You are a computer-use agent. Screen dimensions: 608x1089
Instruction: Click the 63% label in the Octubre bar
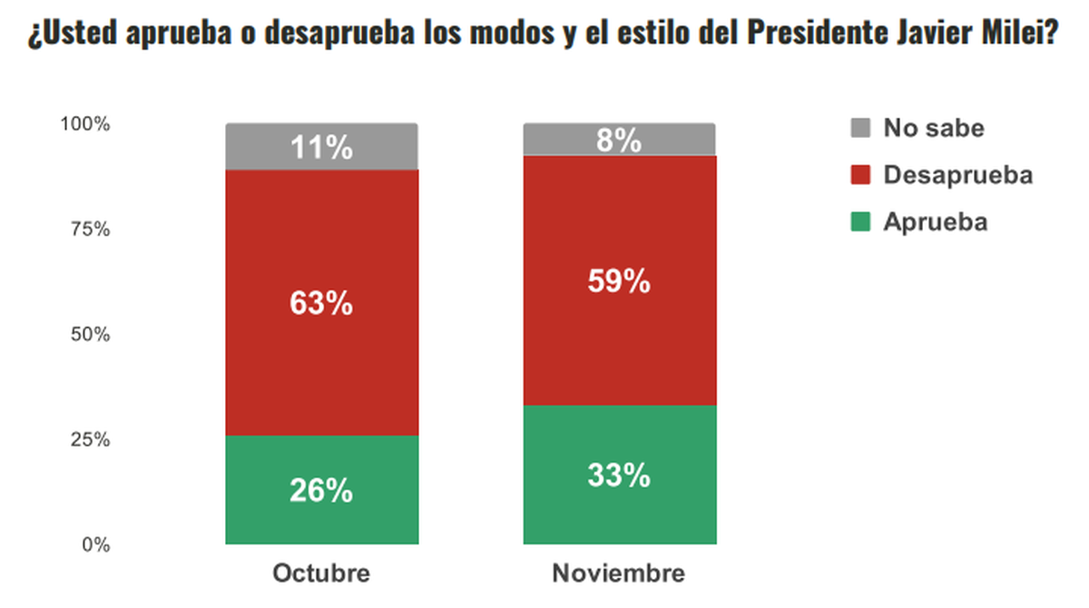pyautogui.click(x=321, y=304)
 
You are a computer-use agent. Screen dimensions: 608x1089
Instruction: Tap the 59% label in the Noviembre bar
pyautogui.click(x=619, y=282)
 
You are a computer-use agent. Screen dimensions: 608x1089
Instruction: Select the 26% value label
pyautogui.click(x=321, y=491)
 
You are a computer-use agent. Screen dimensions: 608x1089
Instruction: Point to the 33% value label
pyautogui.click(x=619, y=476)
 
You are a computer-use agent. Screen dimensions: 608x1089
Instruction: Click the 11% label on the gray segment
pyautogui.click(x=321, y=148)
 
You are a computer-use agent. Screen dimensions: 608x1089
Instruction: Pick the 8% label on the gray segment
pyautogui.click(x=619, y=142)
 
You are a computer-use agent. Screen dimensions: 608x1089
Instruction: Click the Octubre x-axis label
pyautogui.click(x=321, y=574)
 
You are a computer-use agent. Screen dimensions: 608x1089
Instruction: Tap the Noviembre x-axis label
pyautogui.click(x=619, y=574)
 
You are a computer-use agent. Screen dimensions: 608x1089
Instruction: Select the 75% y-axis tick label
pyautogui.click(x=90, y=230)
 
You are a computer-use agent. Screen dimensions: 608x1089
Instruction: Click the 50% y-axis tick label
pyautogui.click(x=90, y=335)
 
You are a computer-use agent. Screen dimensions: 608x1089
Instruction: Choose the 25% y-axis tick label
pyautogui.click(x=90, y=440)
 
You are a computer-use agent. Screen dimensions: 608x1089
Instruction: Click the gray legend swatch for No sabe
pyautogui.click(x=861, y=127)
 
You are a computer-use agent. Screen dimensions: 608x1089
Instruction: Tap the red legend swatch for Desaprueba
pyautogui.click(x=861, y=174)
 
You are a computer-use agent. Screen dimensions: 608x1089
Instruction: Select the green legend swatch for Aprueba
pyautogui.click(x=861, y=221)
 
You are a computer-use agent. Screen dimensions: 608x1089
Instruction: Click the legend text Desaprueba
pyautogui.click(x=958, y=174)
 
